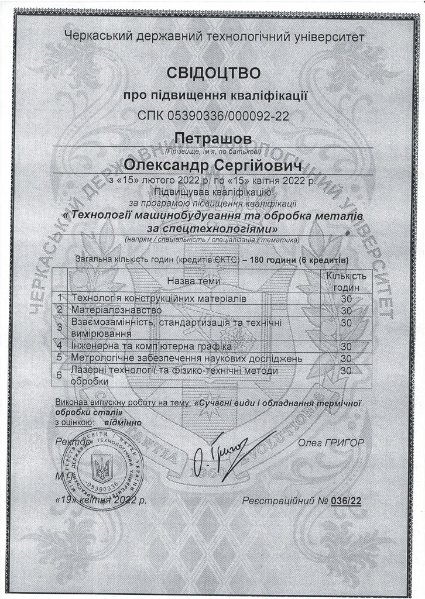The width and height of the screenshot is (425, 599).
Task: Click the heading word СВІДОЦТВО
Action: point(212,73)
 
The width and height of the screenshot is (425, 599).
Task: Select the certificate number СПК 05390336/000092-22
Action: point(213,116)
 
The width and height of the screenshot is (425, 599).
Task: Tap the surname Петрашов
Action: point(212,139)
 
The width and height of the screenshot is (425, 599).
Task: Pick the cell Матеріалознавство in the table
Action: point(115,309)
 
